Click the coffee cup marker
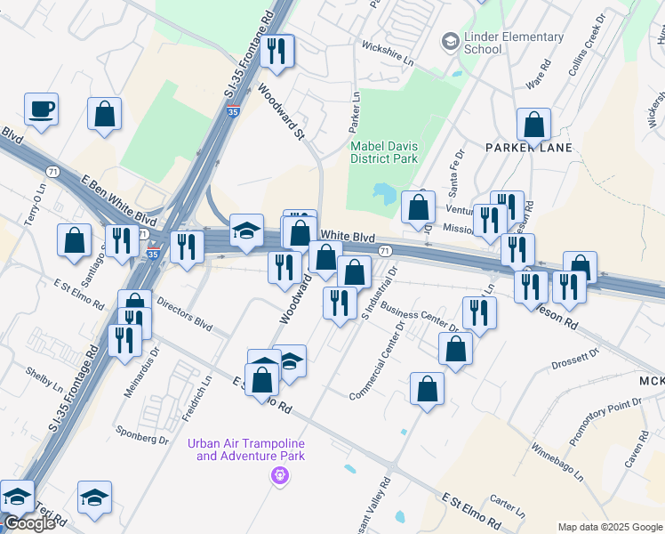(x=42, y=110)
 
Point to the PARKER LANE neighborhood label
(x=528, y=147)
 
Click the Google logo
(x=28, y=523)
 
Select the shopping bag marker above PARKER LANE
(x=533, y=125)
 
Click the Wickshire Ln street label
(x=389, y=62)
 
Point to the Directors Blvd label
(x=184, y=311)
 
